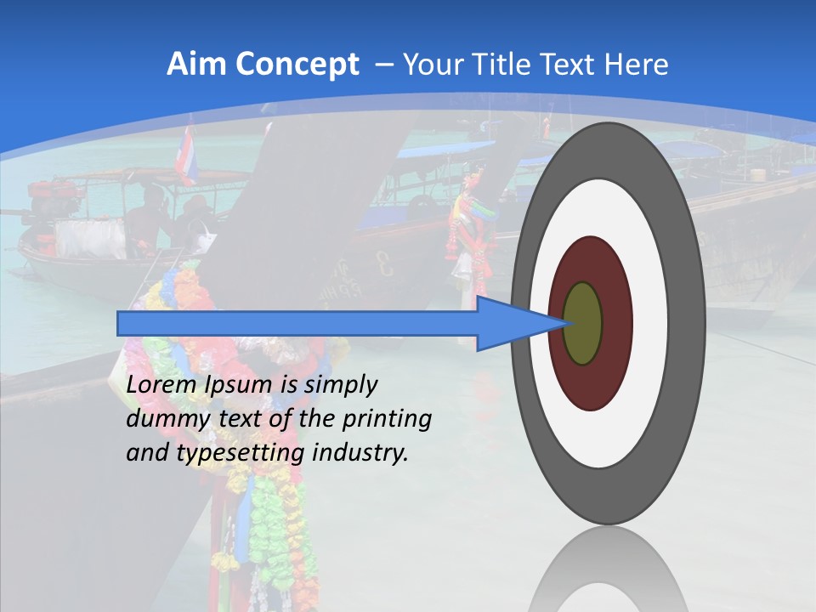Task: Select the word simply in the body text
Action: (x=340, y=385)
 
